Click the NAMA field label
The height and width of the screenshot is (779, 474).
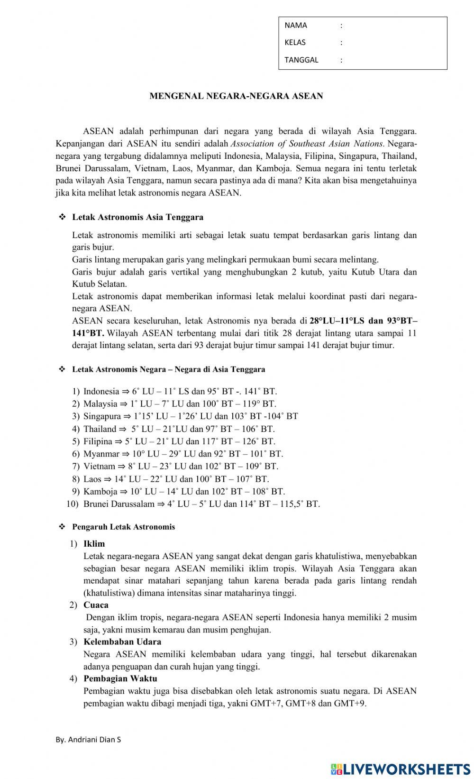296,26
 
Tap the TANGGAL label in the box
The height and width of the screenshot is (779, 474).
301,60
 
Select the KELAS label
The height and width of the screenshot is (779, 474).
295,43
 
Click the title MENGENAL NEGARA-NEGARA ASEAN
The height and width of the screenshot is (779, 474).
236,96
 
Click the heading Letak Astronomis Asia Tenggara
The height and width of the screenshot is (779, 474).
137,218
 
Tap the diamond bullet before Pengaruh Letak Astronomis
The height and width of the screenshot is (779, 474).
62,527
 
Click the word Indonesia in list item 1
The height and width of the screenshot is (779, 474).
101,392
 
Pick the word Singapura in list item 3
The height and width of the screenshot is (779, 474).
102,416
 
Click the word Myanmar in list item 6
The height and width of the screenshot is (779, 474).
101,454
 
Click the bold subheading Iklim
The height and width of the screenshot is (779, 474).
94,544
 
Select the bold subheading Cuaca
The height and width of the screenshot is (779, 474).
96,605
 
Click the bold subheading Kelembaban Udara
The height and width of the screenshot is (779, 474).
122,642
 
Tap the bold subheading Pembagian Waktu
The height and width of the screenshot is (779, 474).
120,678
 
